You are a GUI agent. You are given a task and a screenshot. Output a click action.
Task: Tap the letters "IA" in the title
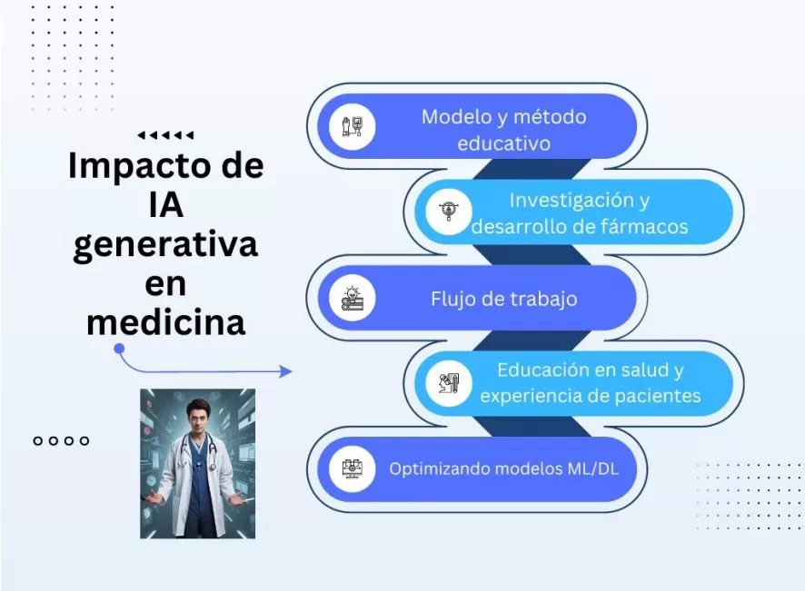(166, 204)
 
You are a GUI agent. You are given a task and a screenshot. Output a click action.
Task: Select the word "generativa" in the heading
(165, 245)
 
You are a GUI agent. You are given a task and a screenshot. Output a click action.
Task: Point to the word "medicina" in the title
(166, 322)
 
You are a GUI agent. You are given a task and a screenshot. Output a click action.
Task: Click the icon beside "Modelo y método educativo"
(353, 126)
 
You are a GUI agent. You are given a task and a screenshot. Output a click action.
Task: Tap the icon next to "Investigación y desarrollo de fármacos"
(449, 212)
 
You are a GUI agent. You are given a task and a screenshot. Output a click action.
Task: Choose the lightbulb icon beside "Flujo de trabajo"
(353, 298)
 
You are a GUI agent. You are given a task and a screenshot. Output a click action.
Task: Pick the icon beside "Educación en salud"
(449, 383)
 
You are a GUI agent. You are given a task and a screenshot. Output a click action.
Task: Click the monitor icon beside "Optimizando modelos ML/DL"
(353, 468)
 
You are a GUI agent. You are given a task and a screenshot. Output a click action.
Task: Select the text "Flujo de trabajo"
(503, 299)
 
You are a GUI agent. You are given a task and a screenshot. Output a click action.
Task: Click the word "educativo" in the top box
(503, 143)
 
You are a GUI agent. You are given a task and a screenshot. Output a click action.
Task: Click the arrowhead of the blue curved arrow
(285, 371)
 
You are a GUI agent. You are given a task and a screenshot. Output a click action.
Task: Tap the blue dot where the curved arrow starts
(119, 349)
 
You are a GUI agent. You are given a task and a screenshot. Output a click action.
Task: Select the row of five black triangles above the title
(165, 135)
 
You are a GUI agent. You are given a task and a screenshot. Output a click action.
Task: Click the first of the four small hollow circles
(37, 440)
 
